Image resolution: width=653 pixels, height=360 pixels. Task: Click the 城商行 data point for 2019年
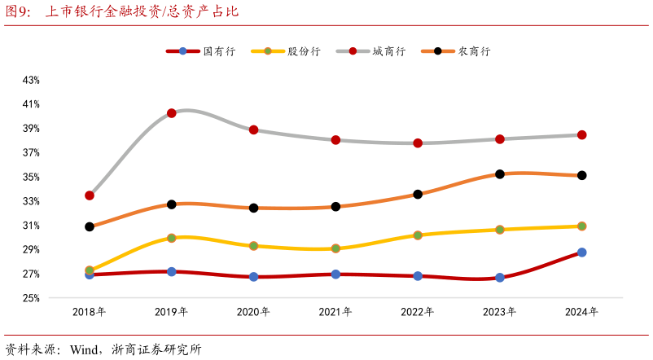coord(172,113)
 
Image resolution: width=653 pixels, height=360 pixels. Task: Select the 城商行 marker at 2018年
coord(90,195)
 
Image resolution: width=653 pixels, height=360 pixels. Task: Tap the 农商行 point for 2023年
coord(500,174)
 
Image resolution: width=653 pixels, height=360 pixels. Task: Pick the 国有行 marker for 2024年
coord(582,252)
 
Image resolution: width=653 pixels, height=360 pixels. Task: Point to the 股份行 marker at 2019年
coord(172,238)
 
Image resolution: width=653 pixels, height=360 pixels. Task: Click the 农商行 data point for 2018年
coord(90,226)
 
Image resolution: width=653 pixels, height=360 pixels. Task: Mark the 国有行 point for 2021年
coord(335,274)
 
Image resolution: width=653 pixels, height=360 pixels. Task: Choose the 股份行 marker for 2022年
coord(418,235)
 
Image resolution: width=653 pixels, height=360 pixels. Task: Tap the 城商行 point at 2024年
coord(582,135)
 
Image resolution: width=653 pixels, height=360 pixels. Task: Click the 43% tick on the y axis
coord(31,80)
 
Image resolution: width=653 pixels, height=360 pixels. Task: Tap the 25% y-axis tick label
coord(31,298)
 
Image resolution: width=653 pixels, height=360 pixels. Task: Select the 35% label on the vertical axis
coord(31,177)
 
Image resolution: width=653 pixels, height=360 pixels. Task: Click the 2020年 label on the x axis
coord(253,312)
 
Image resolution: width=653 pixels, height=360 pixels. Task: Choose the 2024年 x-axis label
coord(582,312)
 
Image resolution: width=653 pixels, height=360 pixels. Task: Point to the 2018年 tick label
coord(90,312)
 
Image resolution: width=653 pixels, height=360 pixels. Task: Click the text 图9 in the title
coord(17,12)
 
